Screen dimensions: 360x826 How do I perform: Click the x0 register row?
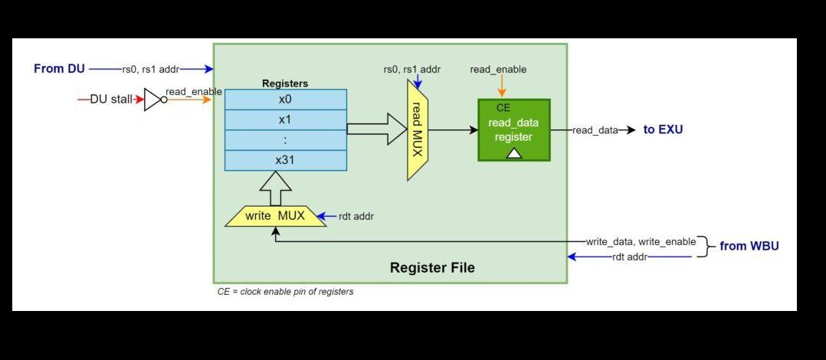285,100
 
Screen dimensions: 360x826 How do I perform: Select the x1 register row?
285,119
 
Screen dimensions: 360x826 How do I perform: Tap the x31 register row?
285,160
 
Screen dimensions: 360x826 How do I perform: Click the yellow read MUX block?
418,129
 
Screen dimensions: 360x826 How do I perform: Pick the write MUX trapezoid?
274,216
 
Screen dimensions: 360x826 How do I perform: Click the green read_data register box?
513,129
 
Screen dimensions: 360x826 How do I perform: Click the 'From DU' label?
59,69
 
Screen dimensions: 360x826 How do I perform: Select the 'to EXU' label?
663,130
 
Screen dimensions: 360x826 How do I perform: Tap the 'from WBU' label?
749,247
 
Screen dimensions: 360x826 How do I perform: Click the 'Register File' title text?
432,267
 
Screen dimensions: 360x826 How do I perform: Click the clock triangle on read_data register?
514,153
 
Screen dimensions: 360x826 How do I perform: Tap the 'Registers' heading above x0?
285,83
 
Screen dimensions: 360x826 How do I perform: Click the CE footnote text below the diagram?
285,292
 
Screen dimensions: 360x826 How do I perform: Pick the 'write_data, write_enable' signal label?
641,241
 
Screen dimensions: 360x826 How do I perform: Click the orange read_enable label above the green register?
498,69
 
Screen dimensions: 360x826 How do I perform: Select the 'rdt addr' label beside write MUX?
356,217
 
